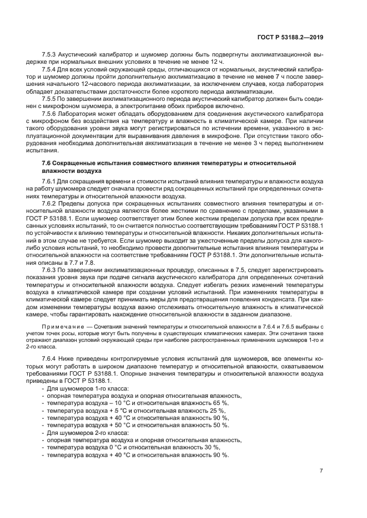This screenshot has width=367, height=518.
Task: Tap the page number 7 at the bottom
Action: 321,471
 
